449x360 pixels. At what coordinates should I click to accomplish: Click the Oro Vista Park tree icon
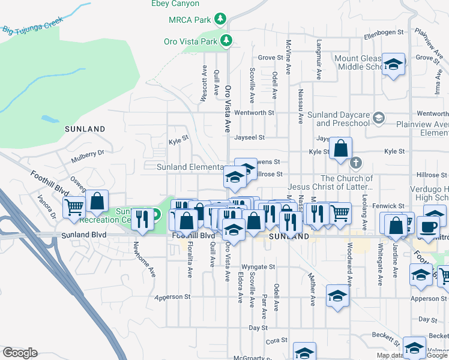tap(226, 41)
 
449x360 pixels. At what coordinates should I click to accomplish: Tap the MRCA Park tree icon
tap(221, 19)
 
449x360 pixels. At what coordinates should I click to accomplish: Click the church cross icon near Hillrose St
tap(356, 162)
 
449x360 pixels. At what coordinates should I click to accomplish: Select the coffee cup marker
tap(428, 227)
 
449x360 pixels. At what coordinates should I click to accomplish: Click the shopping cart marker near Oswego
tap(74, 208)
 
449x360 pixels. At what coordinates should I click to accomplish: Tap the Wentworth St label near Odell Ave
tap(254, 113)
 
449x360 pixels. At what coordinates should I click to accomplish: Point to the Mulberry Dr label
tap(88, 158)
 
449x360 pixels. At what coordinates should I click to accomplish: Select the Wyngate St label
tap(258, 267)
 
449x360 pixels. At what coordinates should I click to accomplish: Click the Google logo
tap(20, 353)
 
